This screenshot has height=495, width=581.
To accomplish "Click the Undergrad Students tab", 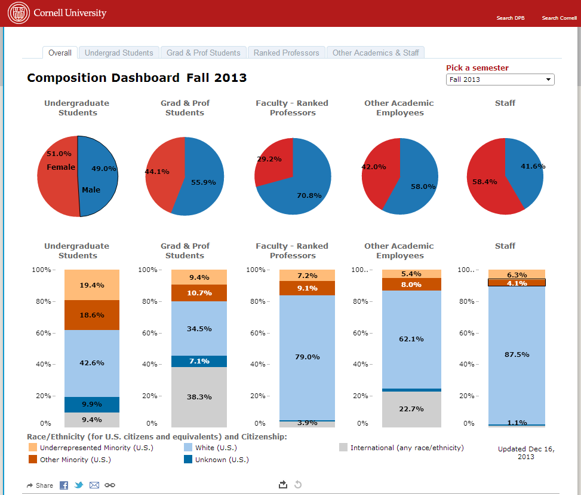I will coord(119,53).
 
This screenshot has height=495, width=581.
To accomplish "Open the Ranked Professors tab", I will coord(286,53).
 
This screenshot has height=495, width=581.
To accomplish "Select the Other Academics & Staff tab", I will coord(376,53).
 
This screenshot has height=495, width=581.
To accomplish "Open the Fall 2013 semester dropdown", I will coord(500,80).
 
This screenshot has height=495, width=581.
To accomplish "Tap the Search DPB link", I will coord(510,18).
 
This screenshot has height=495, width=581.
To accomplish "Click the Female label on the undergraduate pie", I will coord(61,167).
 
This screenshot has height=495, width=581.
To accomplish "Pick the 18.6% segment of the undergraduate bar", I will coord(92,315).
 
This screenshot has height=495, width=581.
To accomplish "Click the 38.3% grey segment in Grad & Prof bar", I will coord(199,396).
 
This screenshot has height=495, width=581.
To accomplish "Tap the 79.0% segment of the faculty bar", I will coord(308,357).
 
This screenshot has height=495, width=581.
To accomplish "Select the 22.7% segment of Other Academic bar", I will coord(411,409).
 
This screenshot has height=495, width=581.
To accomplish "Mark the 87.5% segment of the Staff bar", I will coord(516,355).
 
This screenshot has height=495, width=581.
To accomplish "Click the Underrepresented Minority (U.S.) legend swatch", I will coord(32,448).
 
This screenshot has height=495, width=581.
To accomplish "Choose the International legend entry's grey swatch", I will coord(343,448).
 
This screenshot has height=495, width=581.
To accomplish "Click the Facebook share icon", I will coord(64,485).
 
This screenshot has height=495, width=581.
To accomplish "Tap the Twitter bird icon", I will coord(79,485).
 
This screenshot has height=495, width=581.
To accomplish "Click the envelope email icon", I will coord(94,485).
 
